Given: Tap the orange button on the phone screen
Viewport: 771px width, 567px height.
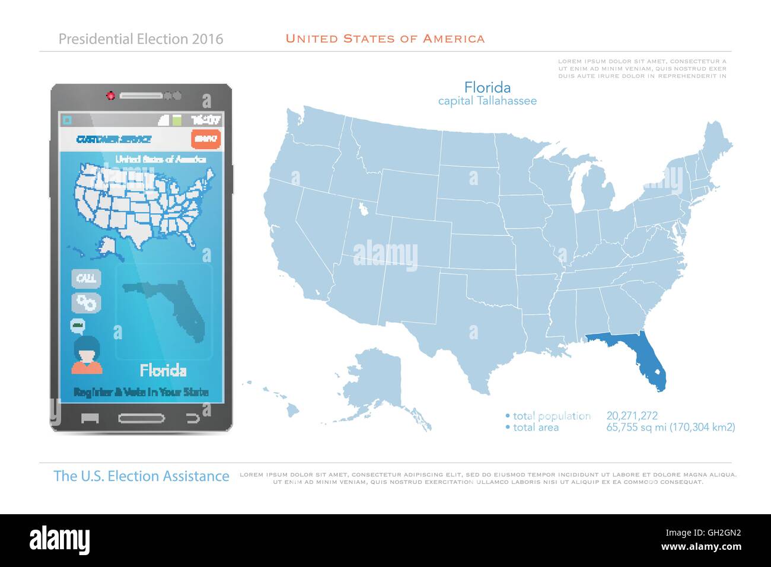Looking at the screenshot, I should click(x=206, y=139).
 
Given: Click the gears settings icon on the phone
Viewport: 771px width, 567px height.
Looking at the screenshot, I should click(x=87, y=303).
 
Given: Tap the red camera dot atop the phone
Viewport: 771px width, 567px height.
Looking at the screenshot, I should click(x=110, y=95).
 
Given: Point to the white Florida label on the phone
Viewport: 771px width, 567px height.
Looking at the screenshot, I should click(x=163, y=371).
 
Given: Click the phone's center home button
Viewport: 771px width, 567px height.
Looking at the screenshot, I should click(x=142, y=418).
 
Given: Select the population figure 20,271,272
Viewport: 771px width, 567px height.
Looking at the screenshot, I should click(x=632, y=416).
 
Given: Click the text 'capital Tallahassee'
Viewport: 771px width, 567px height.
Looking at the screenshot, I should click(x=488, y=101).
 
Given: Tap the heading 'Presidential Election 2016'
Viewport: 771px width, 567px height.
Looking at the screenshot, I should click(x=141, y=39).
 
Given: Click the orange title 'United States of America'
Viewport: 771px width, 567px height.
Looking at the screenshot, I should click(x=385, y=39).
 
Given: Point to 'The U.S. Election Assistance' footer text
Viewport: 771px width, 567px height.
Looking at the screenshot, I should click(x=141, y=476).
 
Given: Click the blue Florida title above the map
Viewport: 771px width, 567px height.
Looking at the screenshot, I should click(x=488, y=88).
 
